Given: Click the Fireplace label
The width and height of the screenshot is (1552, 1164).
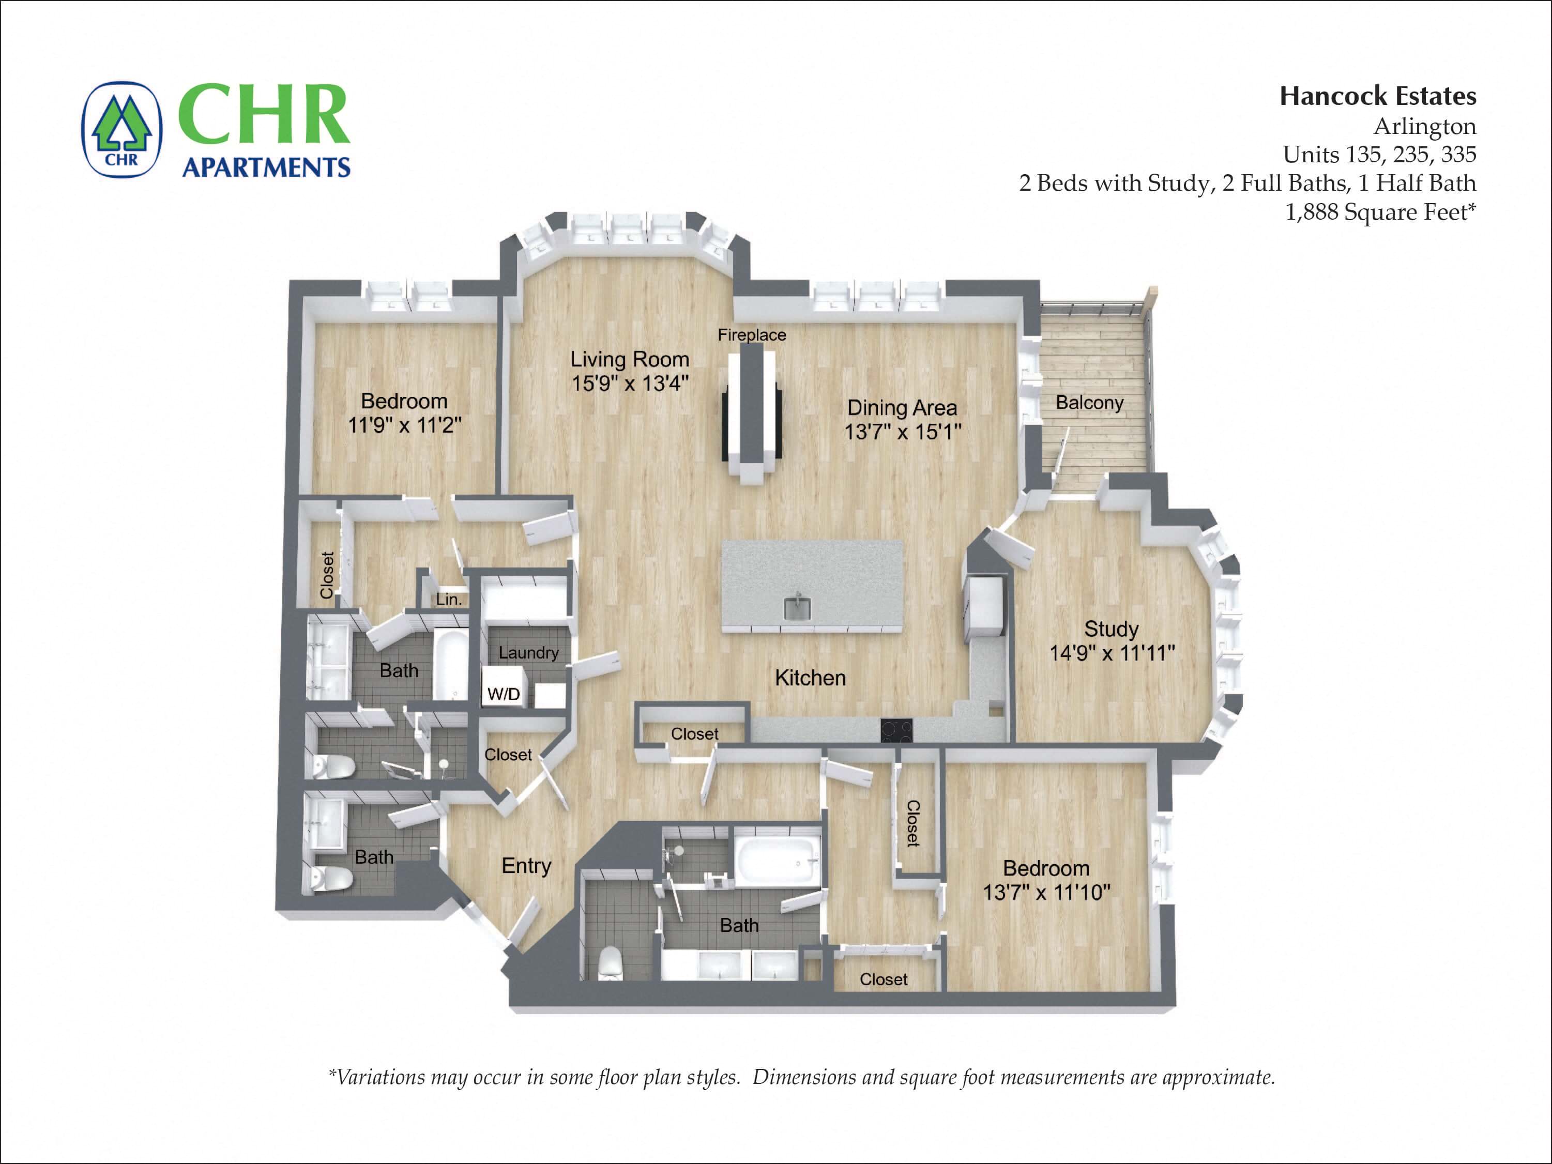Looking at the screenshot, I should [x=752, y=335].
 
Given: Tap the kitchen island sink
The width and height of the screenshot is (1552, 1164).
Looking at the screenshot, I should [x=796, y=608].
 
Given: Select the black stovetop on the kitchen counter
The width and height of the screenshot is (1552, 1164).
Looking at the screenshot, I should [x=896, y=730].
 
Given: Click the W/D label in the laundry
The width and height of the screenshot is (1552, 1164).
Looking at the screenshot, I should [x=504, y=695].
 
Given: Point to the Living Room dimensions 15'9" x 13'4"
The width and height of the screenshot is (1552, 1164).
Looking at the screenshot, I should [x=629, y=384].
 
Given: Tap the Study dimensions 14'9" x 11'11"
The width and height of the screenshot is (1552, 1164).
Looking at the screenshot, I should [x=1112, y=653].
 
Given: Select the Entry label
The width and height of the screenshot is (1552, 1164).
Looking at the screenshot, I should [x=526, y=866].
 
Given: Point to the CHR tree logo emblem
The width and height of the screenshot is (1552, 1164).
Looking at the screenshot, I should [x=122, y=129].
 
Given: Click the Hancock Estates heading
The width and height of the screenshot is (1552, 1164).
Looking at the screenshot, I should [x=1377, y=96].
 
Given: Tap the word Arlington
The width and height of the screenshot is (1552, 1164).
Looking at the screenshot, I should [x=1424, y=126].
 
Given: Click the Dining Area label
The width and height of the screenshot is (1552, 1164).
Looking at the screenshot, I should [x=902, y=408].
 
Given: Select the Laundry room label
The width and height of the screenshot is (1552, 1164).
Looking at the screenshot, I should [x=528, y=652].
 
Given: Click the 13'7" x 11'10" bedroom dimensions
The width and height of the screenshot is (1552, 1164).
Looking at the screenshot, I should [x=1046, y=893].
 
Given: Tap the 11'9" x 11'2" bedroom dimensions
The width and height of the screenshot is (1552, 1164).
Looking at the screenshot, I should [x=404, y=425].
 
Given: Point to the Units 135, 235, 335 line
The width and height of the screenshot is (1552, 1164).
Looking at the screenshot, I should [x=1379, y=155].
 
